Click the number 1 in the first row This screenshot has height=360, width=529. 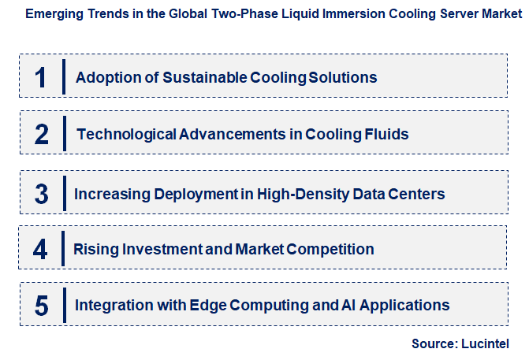[x=41, y=77]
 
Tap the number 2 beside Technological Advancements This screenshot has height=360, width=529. [x=42, y=134]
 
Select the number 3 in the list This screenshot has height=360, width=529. [x=42, y=193]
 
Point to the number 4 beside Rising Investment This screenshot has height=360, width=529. [x=41, y=250]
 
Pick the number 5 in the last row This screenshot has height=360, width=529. [x=42, y=305]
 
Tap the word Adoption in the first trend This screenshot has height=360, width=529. [x=104, y=77]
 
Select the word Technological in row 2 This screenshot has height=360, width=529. [x=126, y=134]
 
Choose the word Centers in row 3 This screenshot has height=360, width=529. [x=417, y=193]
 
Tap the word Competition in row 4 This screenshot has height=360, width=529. [x=330, y=250]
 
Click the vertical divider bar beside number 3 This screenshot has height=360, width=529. [x=64, y=193]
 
